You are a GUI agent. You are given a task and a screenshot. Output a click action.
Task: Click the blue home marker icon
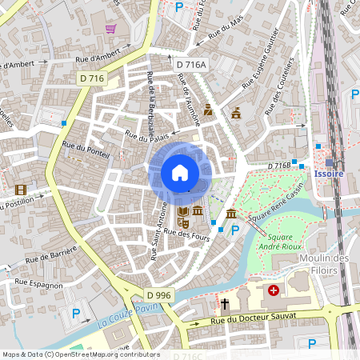point(180,172)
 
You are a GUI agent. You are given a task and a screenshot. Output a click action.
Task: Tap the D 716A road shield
point(191,64)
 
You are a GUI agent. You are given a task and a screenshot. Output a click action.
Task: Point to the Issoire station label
point(330,173)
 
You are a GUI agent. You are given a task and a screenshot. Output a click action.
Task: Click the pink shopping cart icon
point(110,29)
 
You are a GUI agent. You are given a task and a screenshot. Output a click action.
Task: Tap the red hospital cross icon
point(274,290)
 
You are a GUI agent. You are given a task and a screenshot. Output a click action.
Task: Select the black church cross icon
point(225,304)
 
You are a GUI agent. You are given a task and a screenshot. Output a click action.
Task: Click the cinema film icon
point(21,190)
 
